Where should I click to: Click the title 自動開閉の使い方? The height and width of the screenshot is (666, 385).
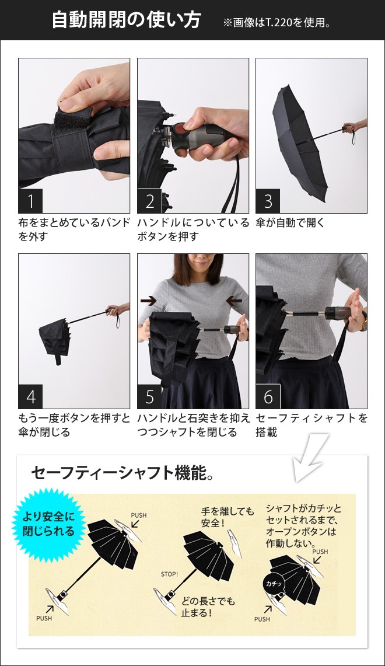click(x=126, y=20)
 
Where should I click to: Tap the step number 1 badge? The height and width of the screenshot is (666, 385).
click(x=30, y=201)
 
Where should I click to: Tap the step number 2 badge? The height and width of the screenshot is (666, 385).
click(x=149, y=201)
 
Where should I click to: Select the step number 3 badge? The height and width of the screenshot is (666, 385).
click(x=268, y=201)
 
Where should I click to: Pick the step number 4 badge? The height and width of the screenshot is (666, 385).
click(x=30, y=397)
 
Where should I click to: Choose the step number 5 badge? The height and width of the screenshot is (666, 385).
click(x=149, y=397)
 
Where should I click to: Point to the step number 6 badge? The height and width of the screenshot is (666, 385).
click(x=268, y=397)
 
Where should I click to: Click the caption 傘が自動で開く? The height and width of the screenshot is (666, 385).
click(x=290, y=222)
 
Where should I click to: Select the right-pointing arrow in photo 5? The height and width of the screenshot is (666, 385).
click(x=148, y=301)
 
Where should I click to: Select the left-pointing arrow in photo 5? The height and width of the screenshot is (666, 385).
click(x=235, y=301)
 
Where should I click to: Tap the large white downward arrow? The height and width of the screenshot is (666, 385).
click(x=309, y=459)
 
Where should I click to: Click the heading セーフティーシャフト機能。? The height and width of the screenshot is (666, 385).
click(x=122, y=472)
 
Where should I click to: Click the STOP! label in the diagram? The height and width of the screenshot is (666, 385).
click(x=169, y=574)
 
